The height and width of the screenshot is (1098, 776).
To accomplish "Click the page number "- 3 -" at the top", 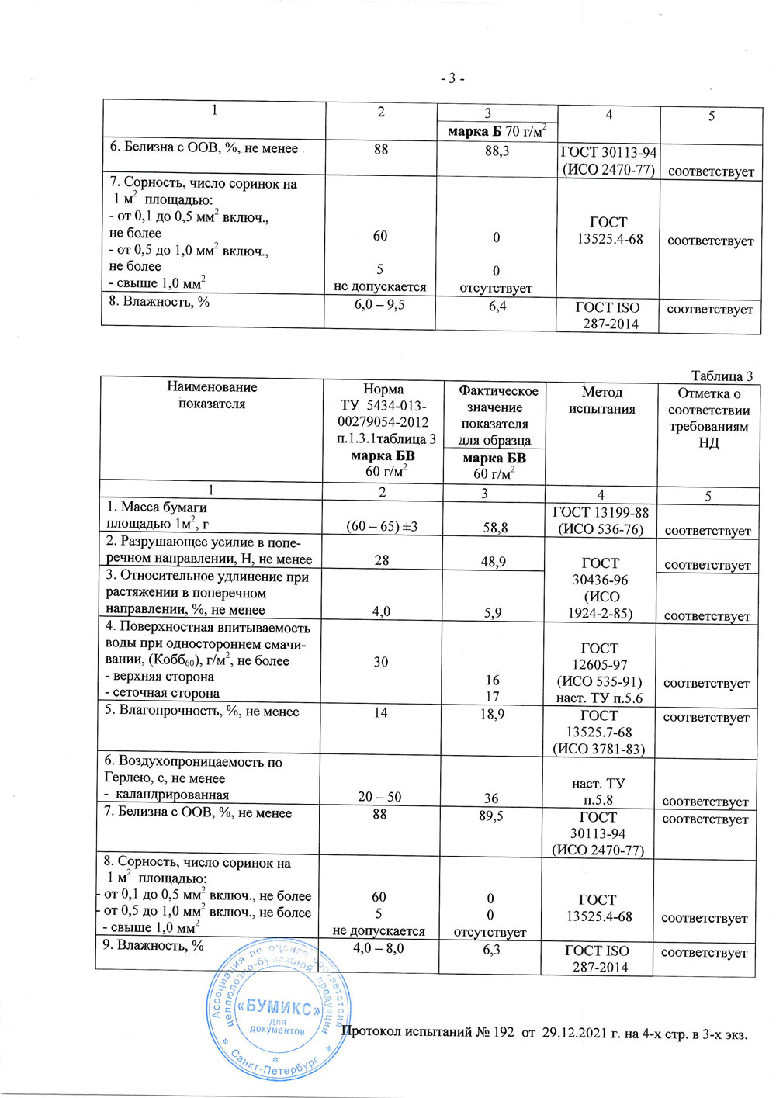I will (x=452, y=78).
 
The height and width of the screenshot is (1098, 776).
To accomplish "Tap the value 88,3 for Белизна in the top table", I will (x=497, y=151).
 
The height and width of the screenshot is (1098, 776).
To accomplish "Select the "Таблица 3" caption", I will (x=722, y=376).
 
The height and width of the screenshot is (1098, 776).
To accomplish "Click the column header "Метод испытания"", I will (x=601, y=400).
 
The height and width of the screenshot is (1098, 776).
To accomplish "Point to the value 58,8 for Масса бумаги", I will (x=494, y=528).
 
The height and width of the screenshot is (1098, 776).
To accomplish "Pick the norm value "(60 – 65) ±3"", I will (x=382, y=527).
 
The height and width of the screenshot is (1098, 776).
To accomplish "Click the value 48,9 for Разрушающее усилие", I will (x=494, y=561).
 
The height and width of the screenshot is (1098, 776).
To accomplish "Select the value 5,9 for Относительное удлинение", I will (x=493, y=612).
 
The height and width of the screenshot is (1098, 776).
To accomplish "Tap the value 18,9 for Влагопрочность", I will (x=492, y=713).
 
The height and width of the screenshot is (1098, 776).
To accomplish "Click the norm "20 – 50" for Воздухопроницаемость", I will (x=380, y=797).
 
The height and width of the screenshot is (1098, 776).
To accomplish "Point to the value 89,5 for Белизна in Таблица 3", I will (x=491, y=816).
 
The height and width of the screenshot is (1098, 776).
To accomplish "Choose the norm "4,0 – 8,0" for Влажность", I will (x=379, y=948).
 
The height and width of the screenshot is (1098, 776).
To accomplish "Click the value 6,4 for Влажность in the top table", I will (x=497, y=307).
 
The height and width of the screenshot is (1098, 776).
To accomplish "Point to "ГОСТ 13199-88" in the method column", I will (x=600, y=512).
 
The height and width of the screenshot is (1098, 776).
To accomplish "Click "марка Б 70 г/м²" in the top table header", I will (x=497, y=131).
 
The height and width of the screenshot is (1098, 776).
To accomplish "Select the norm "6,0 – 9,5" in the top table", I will (x=379, y=304).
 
